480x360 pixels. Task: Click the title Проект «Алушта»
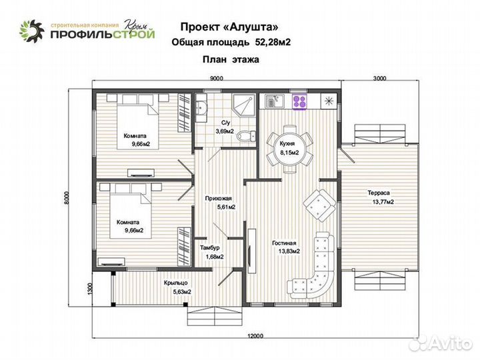click(227, 27)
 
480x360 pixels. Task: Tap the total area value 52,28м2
click(272, 42)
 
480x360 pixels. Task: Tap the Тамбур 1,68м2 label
click(211, 252)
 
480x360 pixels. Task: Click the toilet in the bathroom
click(247, 135)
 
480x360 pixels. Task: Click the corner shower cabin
click(242, 105)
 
